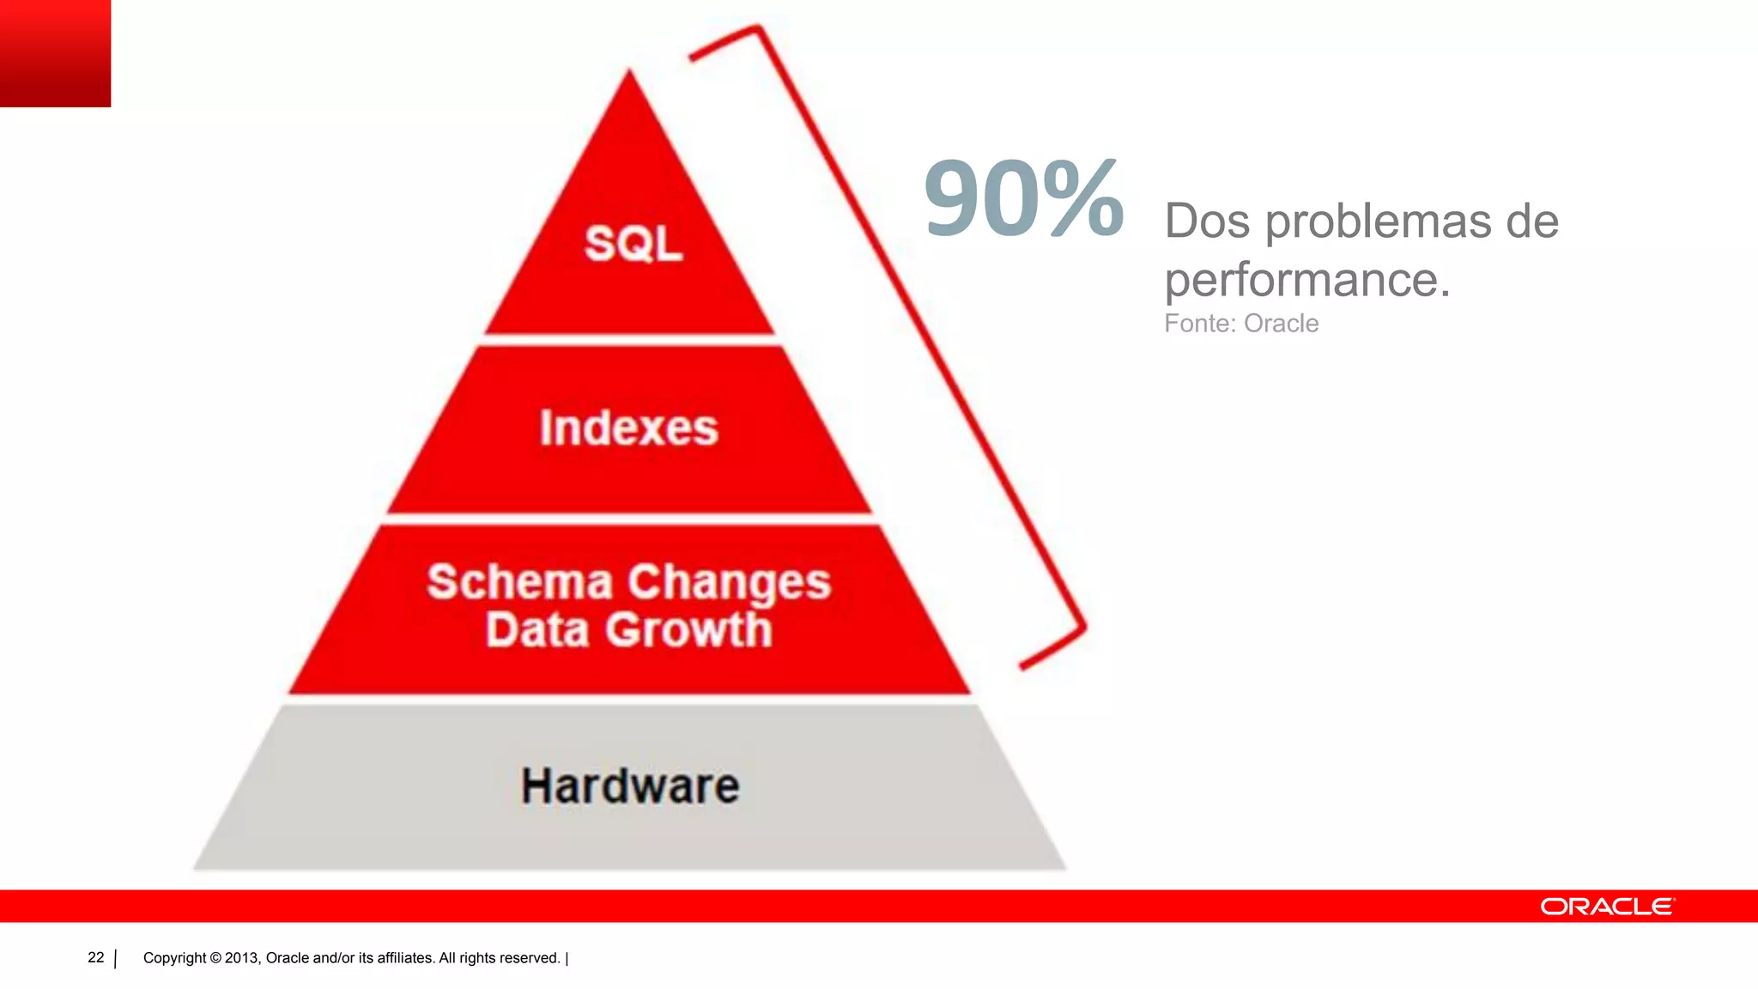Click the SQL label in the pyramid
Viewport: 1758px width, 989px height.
pyautogui.click(x=633, y=243)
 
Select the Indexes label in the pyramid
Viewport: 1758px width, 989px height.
pyautogui.click(x=628, y=428)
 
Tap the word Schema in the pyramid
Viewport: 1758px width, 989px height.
pyautogui.click(x=519, y=582)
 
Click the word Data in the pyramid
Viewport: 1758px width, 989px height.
pyautogui.click(x=536, y=629)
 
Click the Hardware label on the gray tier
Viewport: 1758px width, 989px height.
pyautogui.click(x=630, y=786)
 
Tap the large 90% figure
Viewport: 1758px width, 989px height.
pyautogui.click(x=1023, y=199)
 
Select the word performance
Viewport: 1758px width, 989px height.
pyautogui.click(x=1306, y=280)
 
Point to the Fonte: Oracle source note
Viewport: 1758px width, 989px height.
pyautogui.click(x=1240, y=324)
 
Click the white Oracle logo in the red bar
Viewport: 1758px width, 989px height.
pyautogui.click(x=1607, y=907)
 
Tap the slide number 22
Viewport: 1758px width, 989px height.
pyautogui.click(x=95, y=957)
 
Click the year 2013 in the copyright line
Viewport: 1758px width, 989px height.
pyautogui.click(x=241, y=958)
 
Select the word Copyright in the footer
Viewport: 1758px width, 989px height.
pyautogui.click(x=174, y=958)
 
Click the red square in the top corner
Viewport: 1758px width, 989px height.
pyautogui.click(x=55, y=52)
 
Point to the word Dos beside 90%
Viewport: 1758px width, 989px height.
pyautogui.click(x=1207, y=221)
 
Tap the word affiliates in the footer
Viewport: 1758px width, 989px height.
pyautogui.click(x=406, y=958)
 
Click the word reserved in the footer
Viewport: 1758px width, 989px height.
pyautogui.click(x=530, y=958)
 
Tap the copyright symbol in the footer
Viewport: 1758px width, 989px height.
pyautogui.click(x=215, y=958)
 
